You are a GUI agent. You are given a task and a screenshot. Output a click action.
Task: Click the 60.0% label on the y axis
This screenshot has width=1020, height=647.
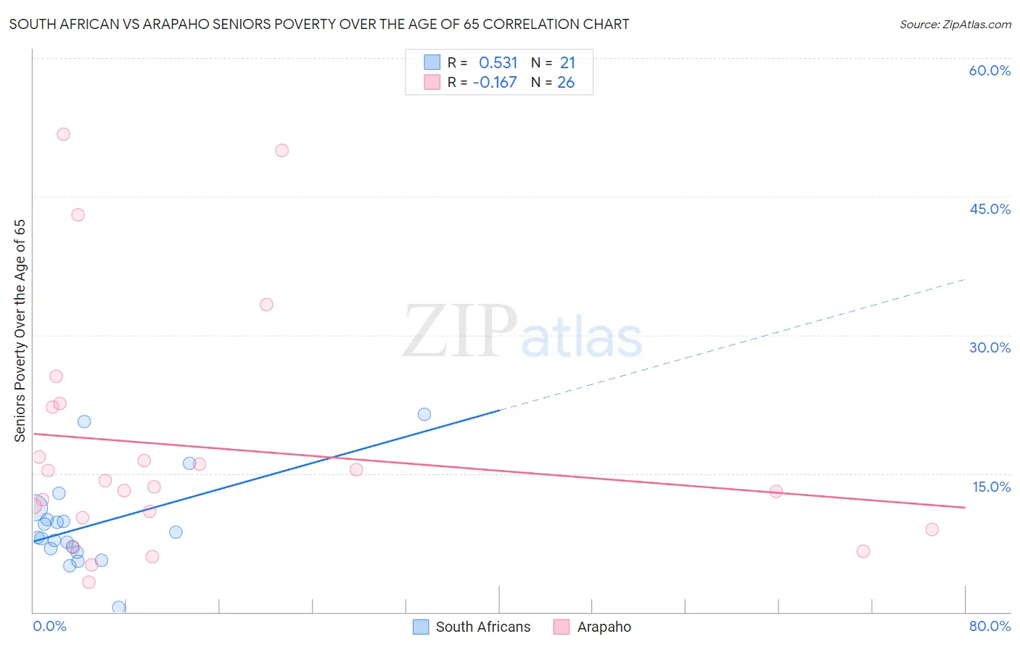click(x=990, y=70)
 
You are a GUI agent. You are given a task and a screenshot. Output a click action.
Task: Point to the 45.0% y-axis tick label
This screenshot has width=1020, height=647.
click(x=990, y=209)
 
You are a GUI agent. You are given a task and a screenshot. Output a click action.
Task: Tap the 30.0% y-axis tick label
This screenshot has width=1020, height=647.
click(x=990, y=347)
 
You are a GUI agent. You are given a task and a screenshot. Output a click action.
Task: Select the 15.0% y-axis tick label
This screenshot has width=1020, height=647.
click(x=991, y=487)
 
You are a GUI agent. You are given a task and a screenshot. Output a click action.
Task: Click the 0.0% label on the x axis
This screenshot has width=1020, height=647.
click(x=49, y=626)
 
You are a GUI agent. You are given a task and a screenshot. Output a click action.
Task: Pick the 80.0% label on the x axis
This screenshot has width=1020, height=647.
click(x=990, y=626)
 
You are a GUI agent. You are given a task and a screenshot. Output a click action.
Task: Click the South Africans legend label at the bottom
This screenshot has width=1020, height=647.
click(x=483, y=627)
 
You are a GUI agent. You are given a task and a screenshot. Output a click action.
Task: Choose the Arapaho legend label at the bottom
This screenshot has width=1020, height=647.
click(x=604, y=627)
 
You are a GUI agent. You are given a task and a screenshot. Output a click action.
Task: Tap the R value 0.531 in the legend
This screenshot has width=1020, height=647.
click(x=498, y=63)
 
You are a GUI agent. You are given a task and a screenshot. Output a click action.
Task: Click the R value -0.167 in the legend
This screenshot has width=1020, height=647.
click(x=495, y=83)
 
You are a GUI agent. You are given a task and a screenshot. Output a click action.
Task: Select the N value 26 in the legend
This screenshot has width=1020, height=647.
click(x=566, y=83)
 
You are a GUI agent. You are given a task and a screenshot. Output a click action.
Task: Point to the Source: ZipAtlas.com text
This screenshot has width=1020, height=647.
click(x=955, y=25)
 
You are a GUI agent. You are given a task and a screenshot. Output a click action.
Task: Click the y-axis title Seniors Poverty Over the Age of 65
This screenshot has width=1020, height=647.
click(x=20, y=331)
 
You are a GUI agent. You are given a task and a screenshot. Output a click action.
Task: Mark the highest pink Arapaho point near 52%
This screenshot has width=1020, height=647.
click(x=63, y=134)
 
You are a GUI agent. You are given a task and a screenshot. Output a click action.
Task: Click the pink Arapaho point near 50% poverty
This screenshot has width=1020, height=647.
click(x=282, y=151)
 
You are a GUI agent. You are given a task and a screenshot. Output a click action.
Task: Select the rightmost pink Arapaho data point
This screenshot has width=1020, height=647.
click(x=932, y=529)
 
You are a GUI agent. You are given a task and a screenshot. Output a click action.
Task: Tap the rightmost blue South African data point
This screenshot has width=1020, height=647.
click(x=424, y=414)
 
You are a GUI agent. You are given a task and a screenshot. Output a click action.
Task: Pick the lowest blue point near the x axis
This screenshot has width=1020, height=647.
click(x=119, y=607)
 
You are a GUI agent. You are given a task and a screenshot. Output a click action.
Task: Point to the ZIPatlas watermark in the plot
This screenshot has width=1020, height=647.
click(x=522, y=332)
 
